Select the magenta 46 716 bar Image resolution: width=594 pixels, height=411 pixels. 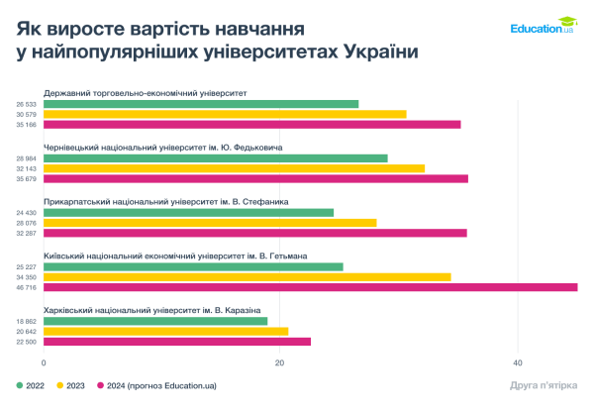click(311, 287)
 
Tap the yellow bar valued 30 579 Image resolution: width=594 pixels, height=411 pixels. click(225, 114)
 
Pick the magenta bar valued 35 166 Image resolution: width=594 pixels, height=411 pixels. click(252, 125)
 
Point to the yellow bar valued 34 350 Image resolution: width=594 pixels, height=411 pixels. click(247, 276)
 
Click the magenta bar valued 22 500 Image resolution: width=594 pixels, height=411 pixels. click(177, 342)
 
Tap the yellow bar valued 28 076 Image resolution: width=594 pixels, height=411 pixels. click(210, 223)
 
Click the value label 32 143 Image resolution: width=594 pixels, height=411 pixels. click(27, 168)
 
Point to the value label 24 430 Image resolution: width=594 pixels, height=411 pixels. click(27, 213)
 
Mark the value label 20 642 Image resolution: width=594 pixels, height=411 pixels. click(27, 332)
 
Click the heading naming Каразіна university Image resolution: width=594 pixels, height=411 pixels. click(152, 310)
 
